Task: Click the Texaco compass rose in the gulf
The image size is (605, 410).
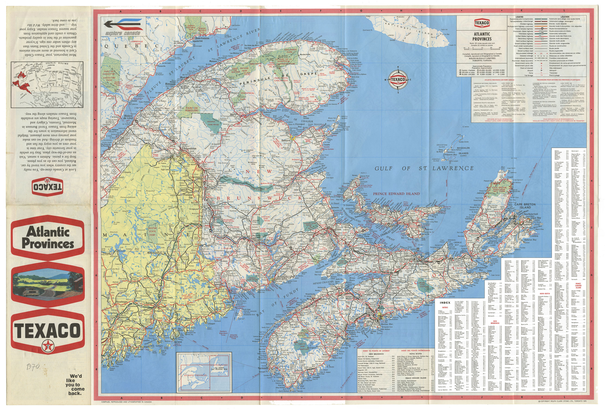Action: click(398, 80)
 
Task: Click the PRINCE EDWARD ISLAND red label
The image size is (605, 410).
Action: click(396, 194)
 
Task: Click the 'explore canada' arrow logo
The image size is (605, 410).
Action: click(123, 26)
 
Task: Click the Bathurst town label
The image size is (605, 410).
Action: click(286, 140)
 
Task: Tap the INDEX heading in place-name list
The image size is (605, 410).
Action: click(445, 303)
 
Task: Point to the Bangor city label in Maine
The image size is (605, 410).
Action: click(151, 303)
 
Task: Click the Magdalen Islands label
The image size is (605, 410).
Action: click(463, 151)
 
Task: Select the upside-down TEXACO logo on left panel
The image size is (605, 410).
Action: click(47, 186)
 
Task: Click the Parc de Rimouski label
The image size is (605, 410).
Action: click(192, 109)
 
